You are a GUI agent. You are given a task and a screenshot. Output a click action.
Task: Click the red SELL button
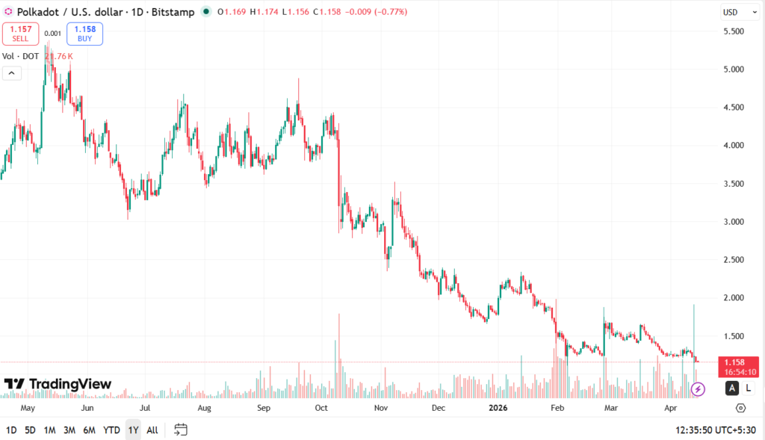coord(20,34)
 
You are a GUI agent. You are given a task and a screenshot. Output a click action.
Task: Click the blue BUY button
coord(84,34)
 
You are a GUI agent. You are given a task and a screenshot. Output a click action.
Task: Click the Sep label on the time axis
coord(263,409)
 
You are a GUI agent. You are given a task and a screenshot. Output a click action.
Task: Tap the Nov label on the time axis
coord(380,409)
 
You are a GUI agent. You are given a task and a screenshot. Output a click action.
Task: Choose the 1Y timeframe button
coord(133,430)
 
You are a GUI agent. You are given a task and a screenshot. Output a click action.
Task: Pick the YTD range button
coord(111,430)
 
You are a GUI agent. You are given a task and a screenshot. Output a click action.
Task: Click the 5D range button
coord(30,430)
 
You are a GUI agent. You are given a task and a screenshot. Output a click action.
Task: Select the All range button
coord(152,430)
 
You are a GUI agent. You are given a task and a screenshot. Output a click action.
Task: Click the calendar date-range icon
coord(180,430)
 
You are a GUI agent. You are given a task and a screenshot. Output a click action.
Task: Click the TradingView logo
coord(58,384)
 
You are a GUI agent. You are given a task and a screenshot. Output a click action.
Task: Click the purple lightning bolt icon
coord(698,388)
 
